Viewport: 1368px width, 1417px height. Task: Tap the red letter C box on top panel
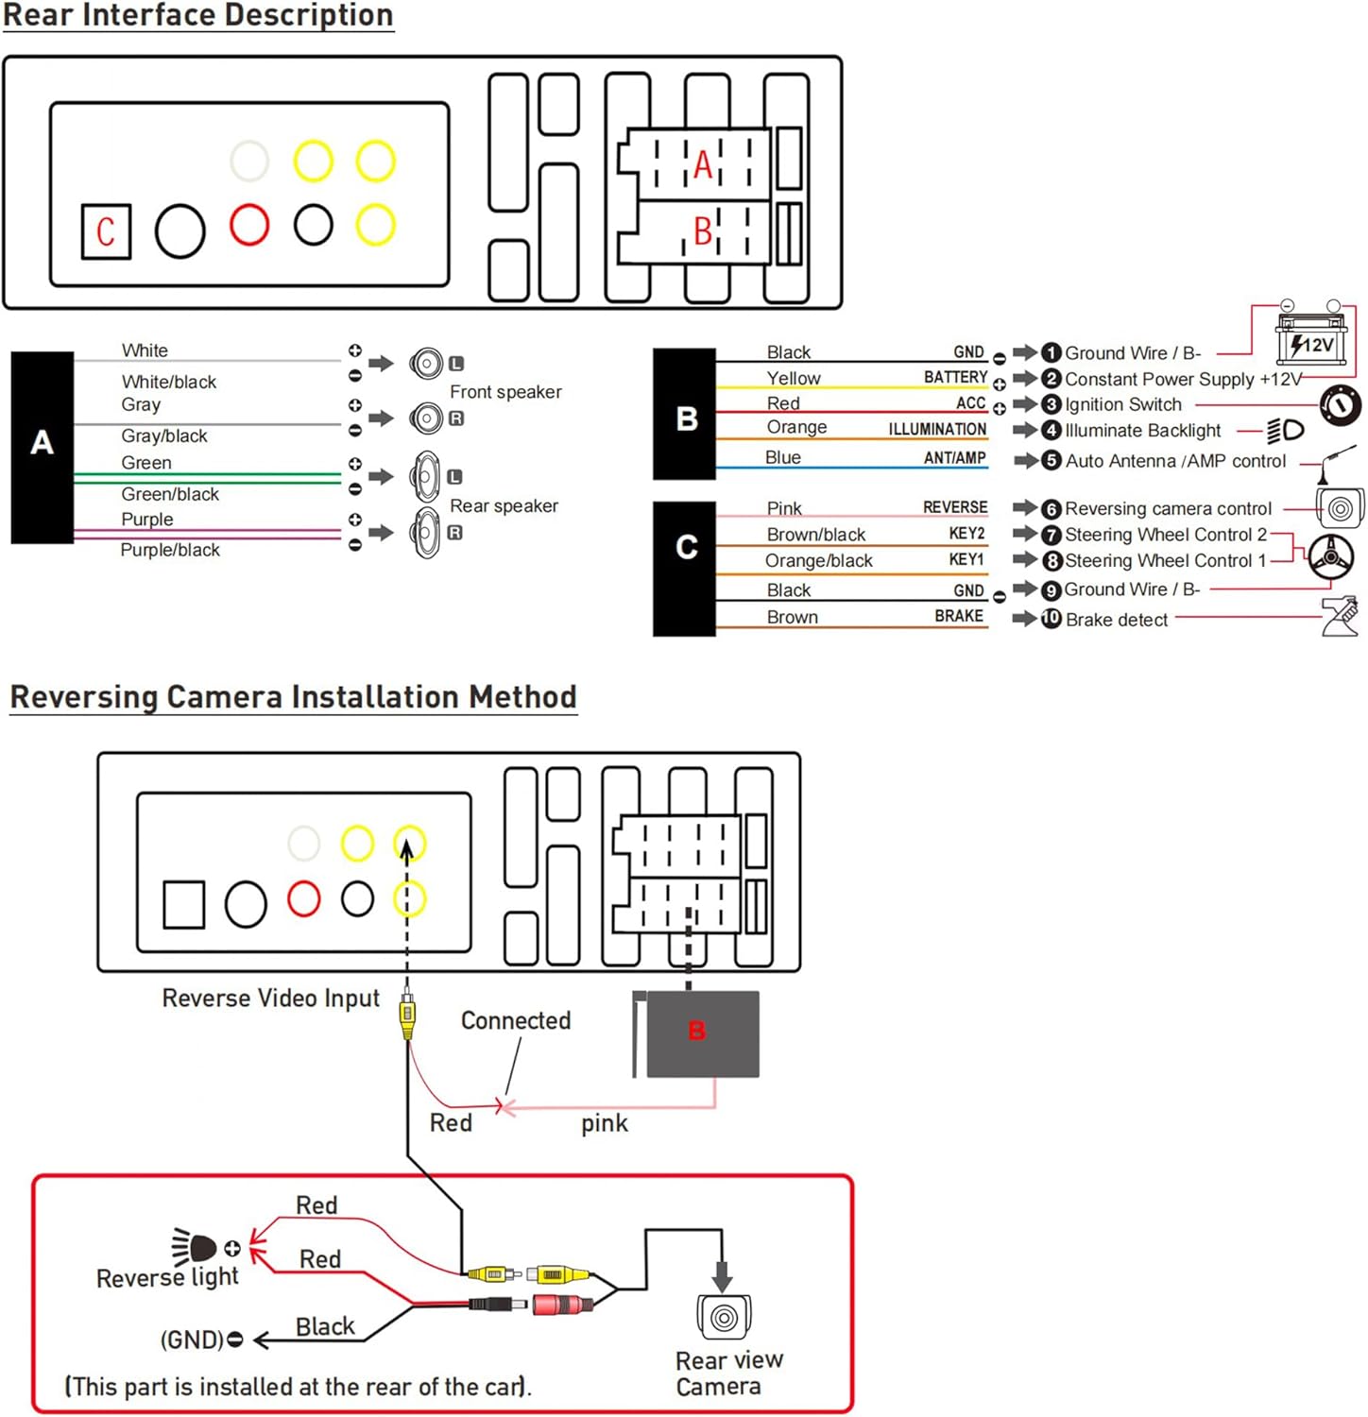tap(105, 231)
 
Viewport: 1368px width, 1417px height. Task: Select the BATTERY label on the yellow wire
tap(955, 377)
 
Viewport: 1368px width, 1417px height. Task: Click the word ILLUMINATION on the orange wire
tap(936, 429)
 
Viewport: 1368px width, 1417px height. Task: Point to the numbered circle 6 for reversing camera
tap(1051, 509)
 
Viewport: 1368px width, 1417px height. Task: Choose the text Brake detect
tap(1117, 620)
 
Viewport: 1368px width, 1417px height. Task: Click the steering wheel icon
tap(1331, 557)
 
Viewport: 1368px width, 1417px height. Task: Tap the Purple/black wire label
tap(170, 550)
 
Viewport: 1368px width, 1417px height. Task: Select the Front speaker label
tap(505, 391)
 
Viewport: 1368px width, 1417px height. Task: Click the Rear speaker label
tap(504, 505)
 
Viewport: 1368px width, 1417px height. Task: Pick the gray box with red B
tap(701, 1033)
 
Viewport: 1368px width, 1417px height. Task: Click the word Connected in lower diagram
tap(516, 1020)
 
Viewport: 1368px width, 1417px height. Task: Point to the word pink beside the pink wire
tap(604, 1123)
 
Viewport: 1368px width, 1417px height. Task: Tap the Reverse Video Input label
tap(271, 998)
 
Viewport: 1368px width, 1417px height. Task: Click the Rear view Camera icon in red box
tap(724, 1317)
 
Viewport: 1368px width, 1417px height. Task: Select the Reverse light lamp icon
tap(196, 1247)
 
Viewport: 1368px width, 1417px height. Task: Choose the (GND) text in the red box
tap(192, 1340)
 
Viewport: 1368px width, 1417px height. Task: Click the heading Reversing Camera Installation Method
tap(293, 697)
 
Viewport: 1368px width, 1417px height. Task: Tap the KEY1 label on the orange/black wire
tap(966, 560)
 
